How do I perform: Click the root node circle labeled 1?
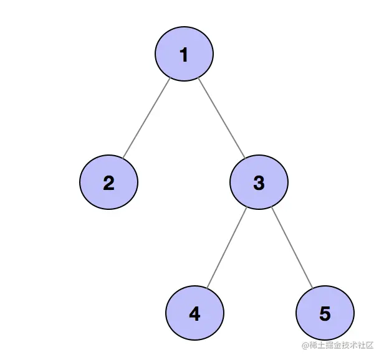click(x=184, y=55)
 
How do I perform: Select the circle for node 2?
click(x=108, y=182)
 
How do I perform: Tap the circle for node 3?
click(x=259, y=182)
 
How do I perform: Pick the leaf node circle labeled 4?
click(x=194, y=313)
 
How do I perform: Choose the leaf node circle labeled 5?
click(x=325, y=313)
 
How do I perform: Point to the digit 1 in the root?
click(x=184, y=55)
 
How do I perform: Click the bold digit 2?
click(x=108, y=183)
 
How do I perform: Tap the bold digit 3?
click(x=259, y=183)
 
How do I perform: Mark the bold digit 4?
click(x=194, y=314)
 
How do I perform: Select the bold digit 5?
click(x=325, y=314)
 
